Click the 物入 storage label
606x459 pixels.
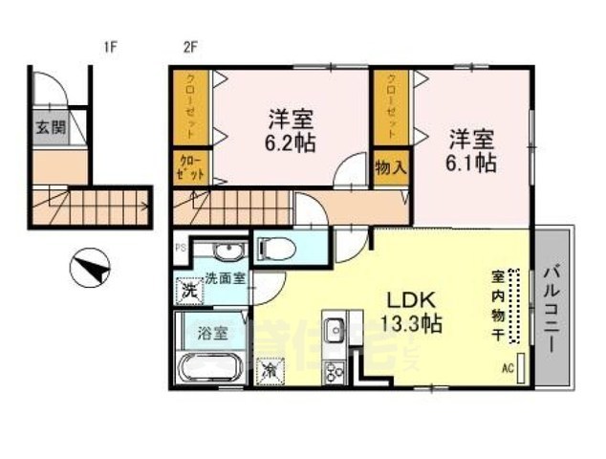(391, 168)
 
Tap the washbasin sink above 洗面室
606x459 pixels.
(225, 252)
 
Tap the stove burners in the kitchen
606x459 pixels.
(335, 370)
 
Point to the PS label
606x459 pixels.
(179, 247)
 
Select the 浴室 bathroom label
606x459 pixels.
(213, 334)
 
